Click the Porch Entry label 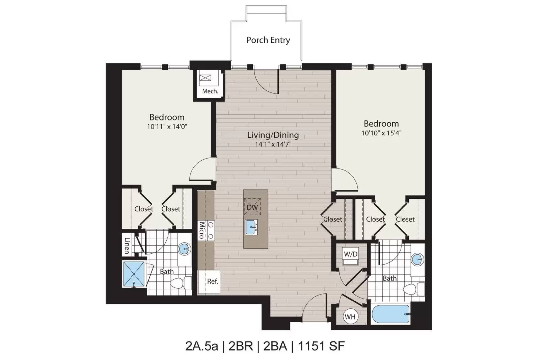pos(268,40)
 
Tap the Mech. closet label pos(210,91)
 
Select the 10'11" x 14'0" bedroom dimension pos(167,127)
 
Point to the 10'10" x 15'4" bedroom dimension pos(381,133)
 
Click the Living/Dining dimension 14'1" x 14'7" pos(273,144)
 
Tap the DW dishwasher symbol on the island pos(252,207)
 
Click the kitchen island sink pos(251,227)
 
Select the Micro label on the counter pos(201,230)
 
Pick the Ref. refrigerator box pos(209,282)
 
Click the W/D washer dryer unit pos(351,255)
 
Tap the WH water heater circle pos(350,316)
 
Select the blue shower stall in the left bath pos(134,274)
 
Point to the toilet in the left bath pos(181,283)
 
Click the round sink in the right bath pos(417,259)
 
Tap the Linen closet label pos(127,246)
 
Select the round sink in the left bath pos(184,249)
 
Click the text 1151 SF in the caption pos(322,346)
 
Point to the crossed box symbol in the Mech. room pos(206,78)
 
